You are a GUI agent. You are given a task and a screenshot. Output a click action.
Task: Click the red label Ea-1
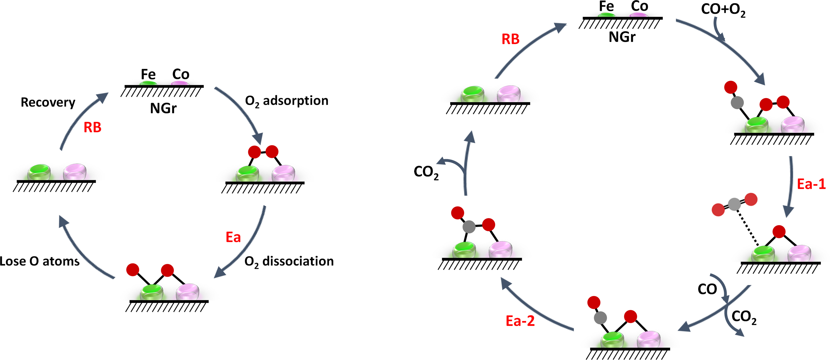[811, 184]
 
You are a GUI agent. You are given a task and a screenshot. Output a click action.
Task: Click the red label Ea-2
[520, 321]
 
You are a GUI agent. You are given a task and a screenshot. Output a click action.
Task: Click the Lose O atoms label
[39, 261]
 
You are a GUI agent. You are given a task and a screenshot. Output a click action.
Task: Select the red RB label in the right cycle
[510, 39]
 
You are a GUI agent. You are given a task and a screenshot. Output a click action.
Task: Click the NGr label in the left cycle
[163, 108]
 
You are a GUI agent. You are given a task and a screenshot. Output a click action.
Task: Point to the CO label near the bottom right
[707, 289]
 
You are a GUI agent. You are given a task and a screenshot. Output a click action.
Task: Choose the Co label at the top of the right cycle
[639, 6]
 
